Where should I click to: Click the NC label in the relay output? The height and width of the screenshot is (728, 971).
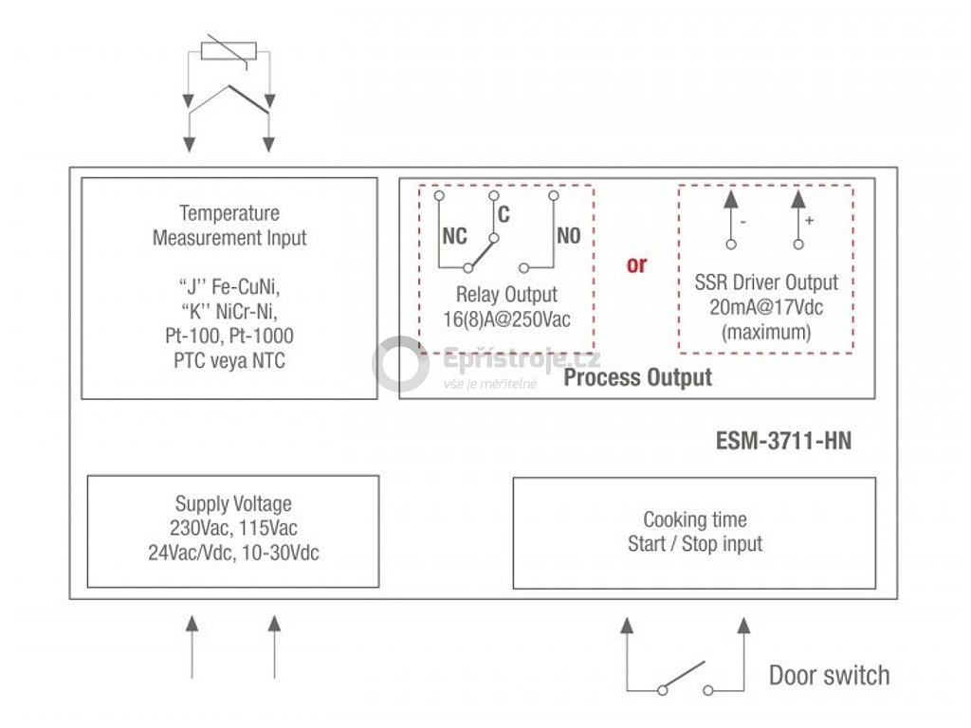455,237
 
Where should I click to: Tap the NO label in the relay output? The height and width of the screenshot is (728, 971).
568,237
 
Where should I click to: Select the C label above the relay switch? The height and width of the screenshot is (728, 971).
504,215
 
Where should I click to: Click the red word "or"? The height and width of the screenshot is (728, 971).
636,264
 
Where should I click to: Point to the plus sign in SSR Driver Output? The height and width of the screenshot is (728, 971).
809,220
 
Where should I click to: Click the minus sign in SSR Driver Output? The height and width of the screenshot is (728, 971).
742,221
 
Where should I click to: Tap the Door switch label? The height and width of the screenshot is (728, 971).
829,676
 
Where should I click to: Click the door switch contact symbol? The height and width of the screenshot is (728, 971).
684,678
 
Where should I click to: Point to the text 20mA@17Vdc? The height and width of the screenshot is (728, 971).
765,307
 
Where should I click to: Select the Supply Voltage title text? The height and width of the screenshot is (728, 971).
233,504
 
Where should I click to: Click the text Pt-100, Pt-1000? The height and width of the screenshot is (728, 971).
229,336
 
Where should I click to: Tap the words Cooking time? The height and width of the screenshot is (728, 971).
695,519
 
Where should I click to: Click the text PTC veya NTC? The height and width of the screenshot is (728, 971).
229,360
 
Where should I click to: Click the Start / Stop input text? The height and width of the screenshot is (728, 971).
695,544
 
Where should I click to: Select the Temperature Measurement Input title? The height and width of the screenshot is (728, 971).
229,226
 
